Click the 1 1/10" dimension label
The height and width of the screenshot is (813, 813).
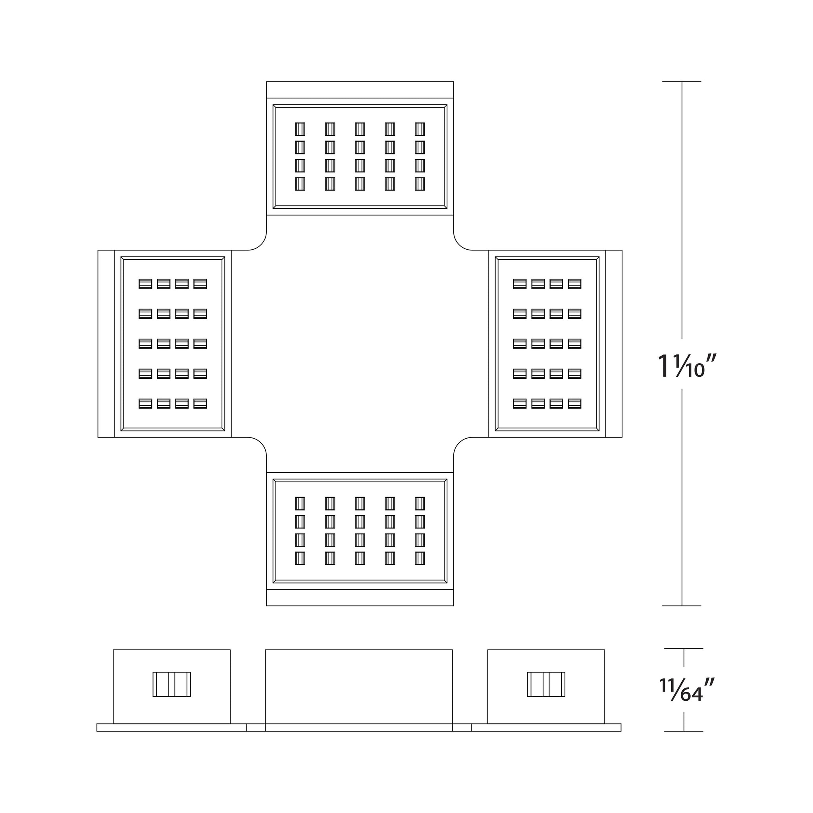point(686,366)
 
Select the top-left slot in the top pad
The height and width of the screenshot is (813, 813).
point(300,129)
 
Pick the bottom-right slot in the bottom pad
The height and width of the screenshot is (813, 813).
point(420,559)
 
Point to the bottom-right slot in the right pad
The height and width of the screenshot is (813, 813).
point(574,404)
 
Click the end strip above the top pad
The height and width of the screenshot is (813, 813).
point(360,90)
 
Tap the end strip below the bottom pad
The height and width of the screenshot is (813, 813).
point(360,597)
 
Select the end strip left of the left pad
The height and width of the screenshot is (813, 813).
point(106,344)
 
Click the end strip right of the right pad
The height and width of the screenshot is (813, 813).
point(614,344)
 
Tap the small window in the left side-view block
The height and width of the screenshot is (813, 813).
point(171,684)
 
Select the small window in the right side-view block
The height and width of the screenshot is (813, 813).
point(546,684)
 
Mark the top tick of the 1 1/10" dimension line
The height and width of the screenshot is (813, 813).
point(682,82)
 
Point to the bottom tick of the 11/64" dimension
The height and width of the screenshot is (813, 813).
point(684,731)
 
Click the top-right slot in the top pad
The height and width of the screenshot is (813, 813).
point(420,129)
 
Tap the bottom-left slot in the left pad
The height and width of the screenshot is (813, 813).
point(145,404)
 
